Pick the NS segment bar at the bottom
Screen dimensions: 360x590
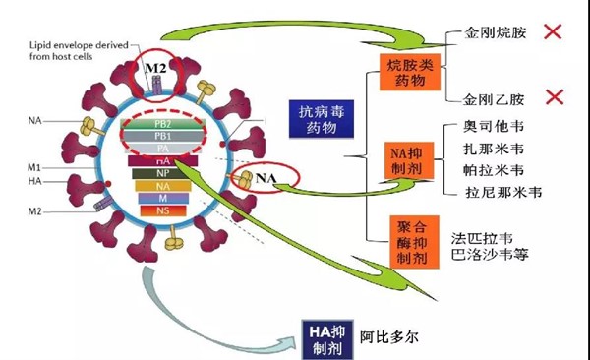(159, 211)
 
